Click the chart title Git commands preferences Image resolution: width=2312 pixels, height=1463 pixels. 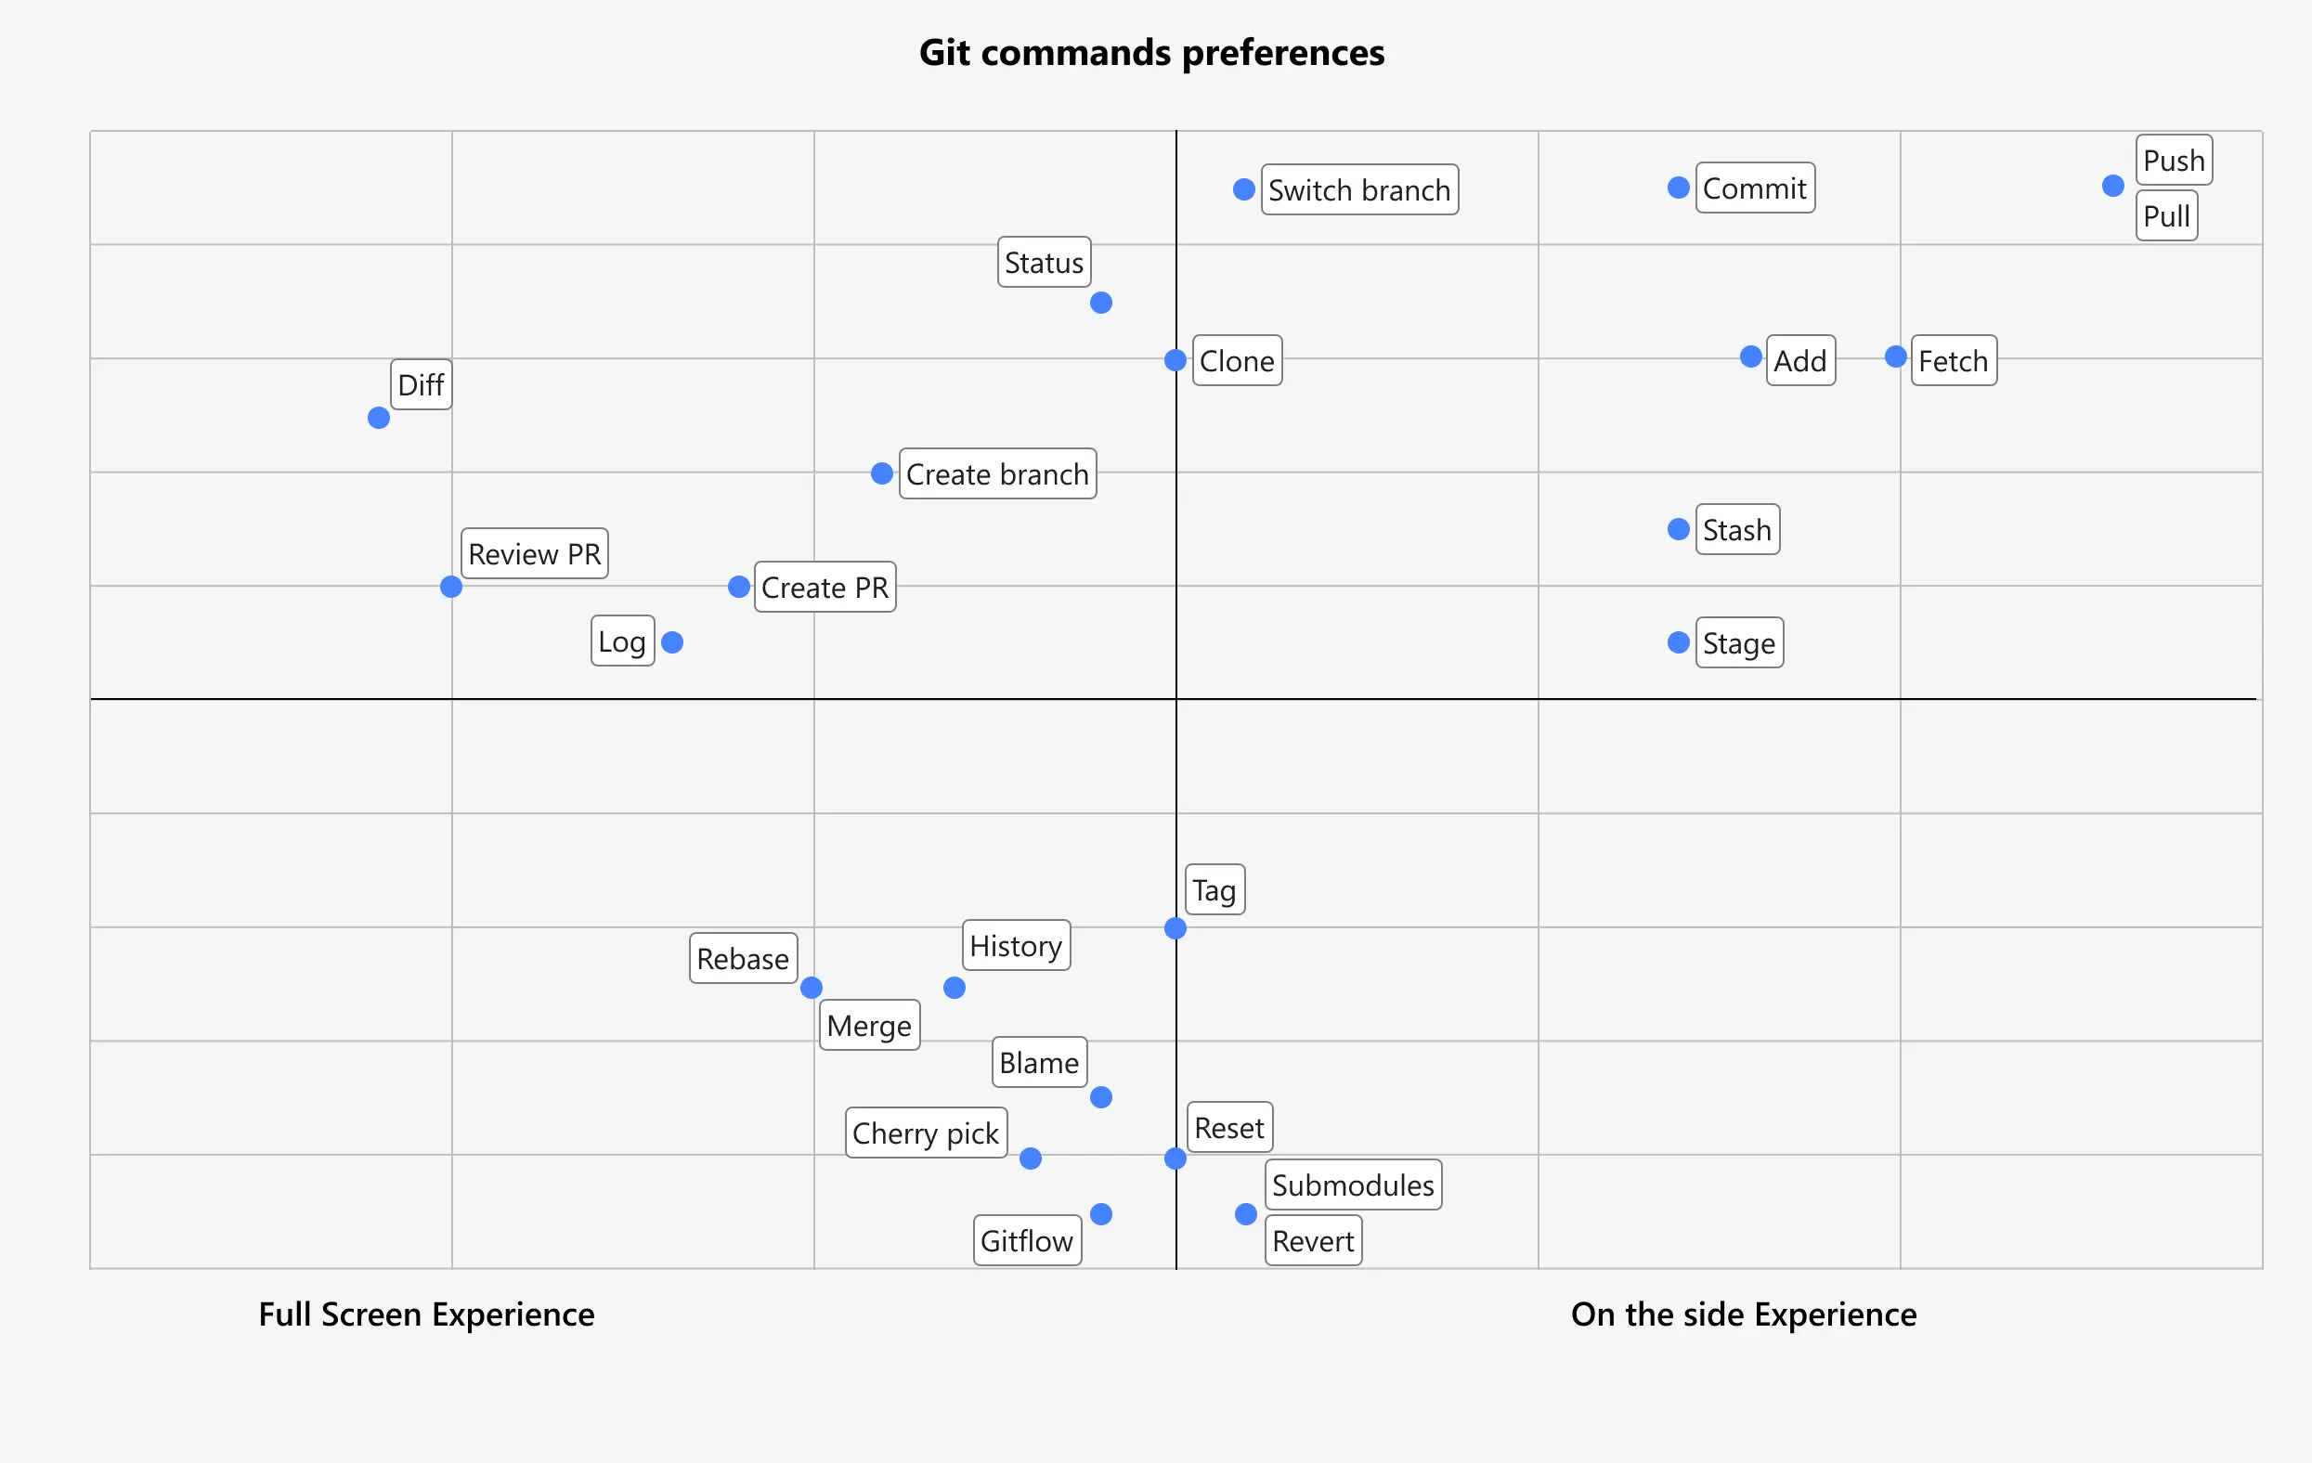click(1151, 53)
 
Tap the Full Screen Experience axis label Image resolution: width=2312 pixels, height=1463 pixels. click(426, 1314)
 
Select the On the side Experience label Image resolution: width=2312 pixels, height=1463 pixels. click(1743, 1314)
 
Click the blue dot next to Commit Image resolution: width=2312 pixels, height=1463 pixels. click(1679, 188)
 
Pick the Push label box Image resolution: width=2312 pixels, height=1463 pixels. click(2174, 161)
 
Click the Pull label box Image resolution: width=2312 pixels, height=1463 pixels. click(2166, 216)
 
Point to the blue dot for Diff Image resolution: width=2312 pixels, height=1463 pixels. click(378, 419)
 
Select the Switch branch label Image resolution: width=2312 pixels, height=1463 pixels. click(1358, 190)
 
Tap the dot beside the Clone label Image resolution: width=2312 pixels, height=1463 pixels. click(1175, 361)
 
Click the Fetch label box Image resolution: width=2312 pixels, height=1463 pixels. click(1953, 361)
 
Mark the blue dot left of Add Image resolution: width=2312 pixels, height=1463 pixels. click(1750, 357)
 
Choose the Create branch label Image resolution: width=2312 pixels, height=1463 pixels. click(996, 474)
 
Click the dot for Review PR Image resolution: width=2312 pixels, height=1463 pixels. click(451, 587)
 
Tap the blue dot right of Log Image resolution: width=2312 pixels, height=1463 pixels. click(672, 642)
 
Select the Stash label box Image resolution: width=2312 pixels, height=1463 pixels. click(1737, 530)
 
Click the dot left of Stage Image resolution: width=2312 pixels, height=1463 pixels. click(1679, 642)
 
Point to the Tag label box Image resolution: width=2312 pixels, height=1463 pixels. click(1214, 890)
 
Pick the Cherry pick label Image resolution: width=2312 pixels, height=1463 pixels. click(926, 1133)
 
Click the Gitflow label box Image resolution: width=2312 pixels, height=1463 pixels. click(1026, 1241)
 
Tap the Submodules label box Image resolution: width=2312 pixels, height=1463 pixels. click(1352, 1185)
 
